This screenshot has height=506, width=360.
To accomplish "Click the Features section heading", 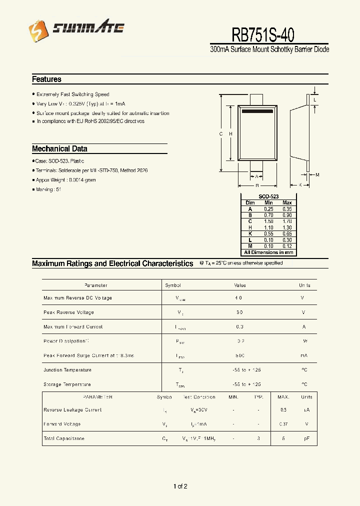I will point(46,79).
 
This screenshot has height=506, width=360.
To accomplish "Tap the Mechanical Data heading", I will point(59,148).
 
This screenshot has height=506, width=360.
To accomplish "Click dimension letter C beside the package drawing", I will point(221,133).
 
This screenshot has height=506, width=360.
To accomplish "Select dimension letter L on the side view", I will point(314,100).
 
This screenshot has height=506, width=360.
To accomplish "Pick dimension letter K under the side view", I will point(300,185).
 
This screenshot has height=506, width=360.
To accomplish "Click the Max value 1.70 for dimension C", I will point(286,221).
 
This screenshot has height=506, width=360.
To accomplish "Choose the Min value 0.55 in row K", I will point(268,233).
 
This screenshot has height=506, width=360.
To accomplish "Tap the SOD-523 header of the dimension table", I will point(268,197).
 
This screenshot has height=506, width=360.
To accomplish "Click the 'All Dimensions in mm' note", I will point(268,252).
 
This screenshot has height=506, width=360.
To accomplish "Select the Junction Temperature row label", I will point(67,370).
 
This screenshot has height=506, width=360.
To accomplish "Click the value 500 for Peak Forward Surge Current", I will point(240,355).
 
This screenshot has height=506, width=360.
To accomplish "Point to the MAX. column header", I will point(283,397).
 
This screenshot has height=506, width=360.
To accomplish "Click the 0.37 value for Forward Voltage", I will point(283,424).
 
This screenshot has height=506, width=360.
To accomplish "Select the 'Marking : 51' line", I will point(48,189).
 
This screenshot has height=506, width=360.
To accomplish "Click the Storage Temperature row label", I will point(67,384).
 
